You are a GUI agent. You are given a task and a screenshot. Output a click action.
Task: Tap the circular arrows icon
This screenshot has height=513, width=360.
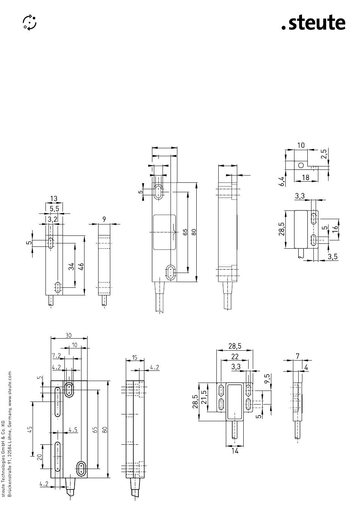coord(30,22)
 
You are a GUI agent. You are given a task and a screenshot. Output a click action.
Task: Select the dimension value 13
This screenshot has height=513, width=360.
coord(54,198)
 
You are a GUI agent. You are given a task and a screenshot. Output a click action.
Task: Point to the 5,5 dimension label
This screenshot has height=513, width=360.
coord(55,209)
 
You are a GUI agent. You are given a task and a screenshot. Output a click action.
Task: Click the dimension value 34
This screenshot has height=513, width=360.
coord(72,266)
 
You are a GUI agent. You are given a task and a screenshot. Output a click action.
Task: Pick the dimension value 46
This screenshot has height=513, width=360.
coord(81,266)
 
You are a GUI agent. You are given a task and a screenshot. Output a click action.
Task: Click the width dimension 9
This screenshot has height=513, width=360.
coord(104,219)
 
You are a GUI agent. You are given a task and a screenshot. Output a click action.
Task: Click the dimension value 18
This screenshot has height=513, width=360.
coord(305,177)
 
